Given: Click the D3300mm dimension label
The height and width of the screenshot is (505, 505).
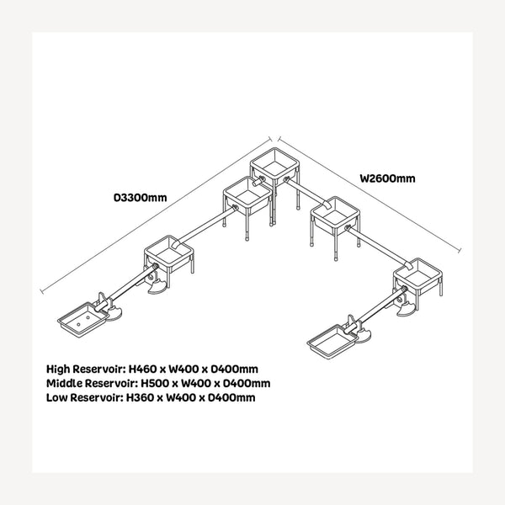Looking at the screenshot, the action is coord(141,197).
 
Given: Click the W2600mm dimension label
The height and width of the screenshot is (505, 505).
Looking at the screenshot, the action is coord(387,178).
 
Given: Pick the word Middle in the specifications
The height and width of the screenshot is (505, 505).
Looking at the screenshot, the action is coord(64,383).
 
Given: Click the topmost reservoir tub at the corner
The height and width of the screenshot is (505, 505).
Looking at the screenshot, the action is coord(274,164).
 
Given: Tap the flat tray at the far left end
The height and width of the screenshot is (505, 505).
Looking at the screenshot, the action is coord(83,319).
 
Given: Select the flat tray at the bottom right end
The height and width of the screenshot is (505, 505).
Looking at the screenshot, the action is coord(332,341).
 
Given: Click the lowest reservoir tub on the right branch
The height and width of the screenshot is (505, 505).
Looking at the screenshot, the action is coord(417,276).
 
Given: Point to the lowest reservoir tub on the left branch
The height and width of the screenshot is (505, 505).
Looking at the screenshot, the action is coord(168,253).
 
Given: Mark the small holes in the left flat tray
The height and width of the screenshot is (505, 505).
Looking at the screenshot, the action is coord(82,321).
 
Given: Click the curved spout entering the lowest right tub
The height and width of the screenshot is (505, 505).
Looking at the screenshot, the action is coord(408,265).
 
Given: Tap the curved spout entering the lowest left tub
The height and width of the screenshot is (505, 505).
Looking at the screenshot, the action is coord(177,243).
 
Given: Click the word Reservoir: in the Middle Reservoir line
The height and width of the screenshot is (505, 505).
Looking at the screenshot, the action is coord(111,383).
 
